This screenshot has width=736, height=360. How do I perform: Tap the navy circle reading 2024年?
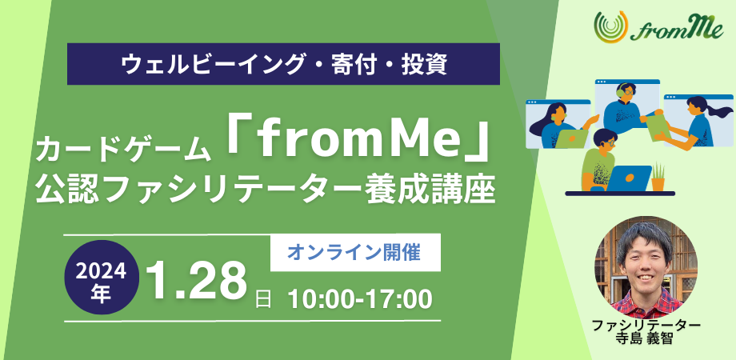[x=101, y=278]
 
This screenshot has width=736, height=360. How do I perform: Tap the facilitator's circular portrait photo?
[x=646, y=266]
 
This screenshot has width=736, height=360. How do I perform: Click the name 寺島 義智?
[x=645, y=340]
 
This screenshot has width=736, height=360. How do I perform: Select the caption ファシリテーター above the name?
[x=645, y=326]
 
